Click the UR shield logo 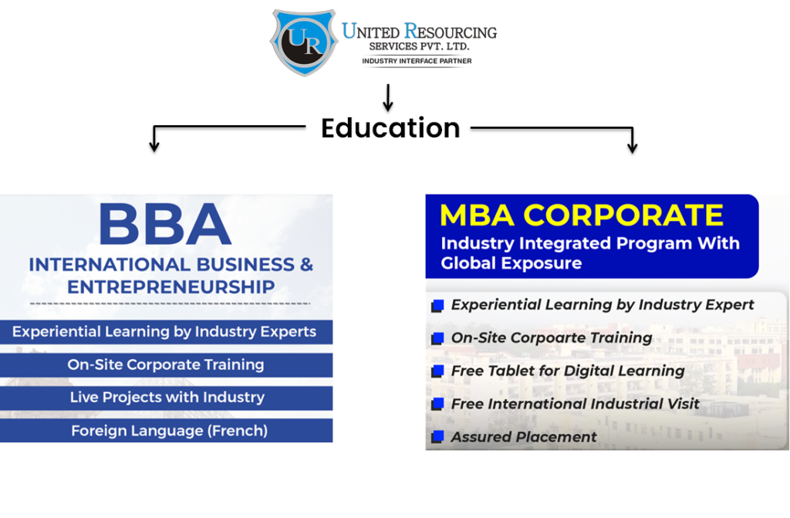(x=305, y=42)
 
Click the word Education (x=390, y=127)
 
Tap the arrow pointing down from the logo (x=388, y=97)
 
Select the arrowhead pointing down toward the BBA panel (x=154, y=146)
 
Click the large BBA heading (x=165, y=225)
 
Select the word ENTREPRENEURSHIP (x=170, y=287)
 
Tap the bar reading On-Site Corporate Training (x=166, y=365)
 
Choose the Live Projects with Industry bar (x=167, y=398)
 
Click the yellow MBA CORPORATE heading (x=582, y=215)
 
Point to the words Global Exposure (x=511, y=263)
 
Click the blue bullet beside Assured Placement (x=437, y=438)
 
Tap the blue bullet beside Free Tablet (x=437, y=371)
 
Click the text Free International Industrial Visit (x=575, y=404)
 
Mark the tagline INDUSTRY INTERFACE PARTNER (x=417, y=60)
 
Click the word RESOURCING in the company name (x=451, y=32)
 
